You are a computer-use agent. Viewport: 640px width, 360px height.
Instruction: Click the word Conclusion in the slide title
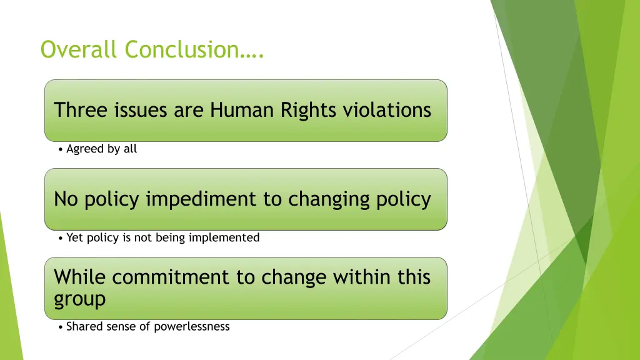[181, 49]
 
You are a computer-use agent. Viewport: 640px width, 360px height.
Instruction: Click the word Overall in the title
[80, 49]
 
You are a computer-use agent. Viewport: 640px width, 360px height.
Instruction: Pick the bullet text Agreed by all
[101, 149]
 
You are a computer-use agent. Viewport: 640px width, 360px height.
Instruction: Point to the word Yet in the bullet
[74, 237]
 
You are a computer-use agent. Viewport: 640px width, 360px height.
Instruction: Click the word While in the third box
[80, 277]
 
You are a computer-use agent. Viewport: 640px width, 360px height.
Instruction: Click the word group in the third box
[79, 299]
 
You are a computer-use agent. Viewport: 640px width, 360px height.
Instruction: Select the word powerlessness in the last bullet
[193, 326]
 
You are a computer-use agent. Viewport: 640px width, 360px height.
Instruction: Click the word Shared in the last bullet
[83, 326]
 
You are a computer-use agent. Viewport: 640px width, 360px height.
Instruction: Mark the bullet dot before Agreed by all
[59, 149]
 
